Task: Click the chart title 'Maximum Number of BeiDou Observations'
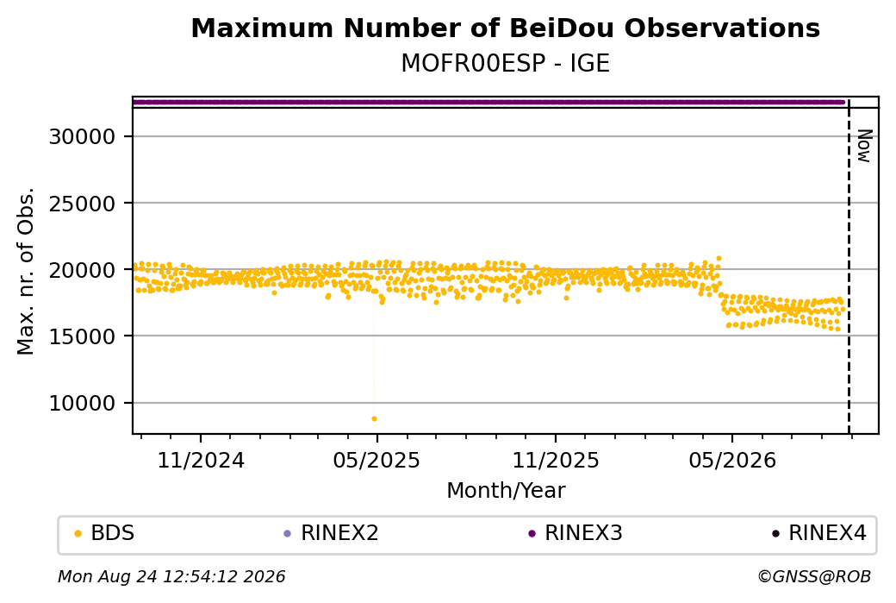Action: click(x=505, y=28)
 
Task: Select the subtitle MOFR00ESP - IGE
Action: click(x=505, y=63)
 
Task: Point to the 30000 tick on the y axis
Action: click(x=83, y=137)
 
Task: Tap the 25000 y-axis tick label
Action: click(x=83, y=204)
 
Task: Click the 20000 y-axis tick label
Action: click(x=83, y=270)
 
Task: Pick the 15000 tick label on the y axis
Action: click(x=83, y=336)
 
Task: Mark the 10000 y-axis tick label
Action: click(x=83, y=404)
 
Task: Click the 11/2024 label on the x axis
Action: click(x=201, y=460)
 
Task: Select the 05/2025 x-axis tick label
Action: click(x=376, y=460)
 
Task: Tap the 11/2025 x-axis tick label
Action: click(x=556, y=460)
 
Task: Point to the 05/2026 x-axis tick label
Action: click(x=732, y=460)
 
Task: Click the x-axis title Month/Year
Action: click(x=506, y=491)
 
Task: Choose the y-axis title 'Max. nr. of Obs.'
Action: click(x=26, y=271)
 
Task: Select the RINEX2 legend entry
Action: click(x=332, y=533)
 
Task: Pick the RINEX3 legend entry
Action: click(x=576, y=533)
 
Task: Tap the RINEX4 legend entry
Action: click(x=819, y=533)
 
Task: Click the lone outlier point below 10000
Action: click(x=374, y=418)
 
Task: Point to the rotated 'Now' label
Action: click(x=865, y=146)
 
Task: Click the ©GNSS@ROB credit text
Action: click(x=814, y=576)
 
